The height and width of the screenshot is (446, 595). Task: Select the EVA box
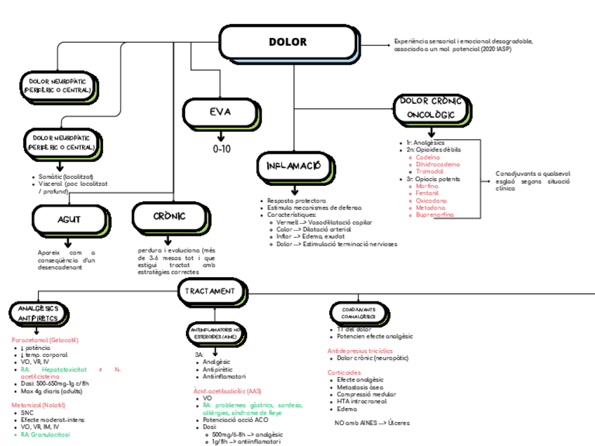click(220, 113)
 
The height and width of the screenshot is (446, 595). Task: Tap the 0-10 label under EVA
click(221, 149)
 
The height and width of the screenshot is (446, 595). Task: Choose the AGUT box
click(69, 219)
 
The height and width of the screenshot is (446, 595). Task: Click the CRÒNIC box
click(169, 217)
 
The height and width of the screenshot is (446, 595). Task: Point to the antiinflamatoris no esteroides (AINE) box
click(216, 332)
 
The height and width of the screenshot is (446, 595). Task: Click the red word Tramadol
click(429, 171)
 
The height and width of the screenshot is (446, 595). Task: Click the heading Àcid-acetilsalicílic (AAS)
click(227, 390)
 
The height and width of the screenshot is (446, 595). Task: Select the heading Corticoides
click(344, 372)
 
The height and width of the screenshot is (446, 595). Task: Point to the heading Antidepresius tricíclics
click(360, 350)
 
